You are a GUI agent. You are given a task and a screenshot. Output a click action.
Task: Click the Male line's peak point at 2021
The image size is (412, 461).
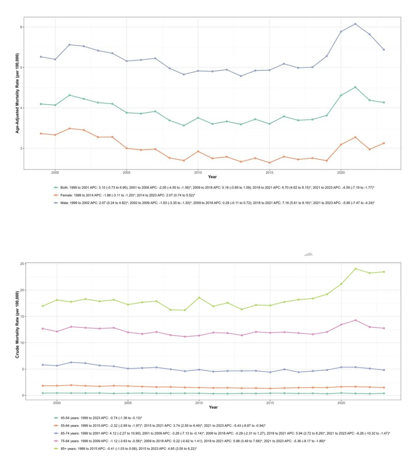tap(355, 24)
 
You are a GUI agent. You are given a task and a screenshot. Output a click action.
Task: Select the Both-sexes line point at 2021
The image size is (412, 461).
tap(355, 87)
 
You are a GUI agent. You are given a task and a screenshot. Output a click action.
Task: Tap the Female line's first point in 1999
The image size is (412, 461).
tap(41, 134)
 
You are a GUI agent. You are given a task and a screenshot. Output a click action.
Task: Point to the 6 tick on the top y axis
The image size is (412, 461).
tap(21, 27)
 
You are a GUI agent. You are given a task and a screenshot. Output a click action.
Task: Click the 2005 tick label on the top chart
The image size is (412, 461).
tap(127, 173)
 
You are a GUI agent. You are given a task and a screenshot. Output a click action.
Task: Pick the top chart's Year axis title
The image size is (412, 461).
tap(212, 177)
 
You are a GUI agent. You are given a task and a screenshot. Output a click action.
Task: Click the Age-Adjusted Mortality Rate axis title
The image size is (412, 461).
tap(17, 93)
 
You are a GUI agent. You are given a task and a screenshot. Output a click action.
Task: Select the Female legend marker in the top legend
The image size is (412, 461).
tap(56, 195)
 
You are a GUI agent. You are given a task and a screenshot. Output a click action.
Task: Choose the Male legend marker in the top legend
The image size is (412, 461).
tap(56, 203)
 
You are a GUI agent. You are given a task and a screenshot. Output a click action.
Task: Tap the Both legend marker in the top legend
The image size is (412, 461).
tap(56, 188)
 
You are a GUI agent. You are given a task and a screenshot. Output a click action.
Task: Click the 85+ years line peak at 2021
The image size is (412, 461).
tap(356, 269)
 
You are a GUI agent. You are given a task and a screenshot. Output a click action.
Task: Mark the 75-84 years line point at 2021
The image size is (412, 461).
tap(356, 320)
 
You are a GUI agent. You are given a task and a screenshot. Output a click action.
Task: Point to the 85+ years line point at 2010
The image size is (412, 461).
tap(199, 298)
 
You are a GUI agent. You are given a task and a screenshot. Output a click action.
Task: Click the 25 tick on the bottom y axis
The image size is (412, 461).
tap(22, 264)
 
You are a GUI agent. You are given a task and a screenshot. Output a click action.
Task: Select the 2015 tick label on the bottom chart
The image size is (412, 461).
tap(270, 403)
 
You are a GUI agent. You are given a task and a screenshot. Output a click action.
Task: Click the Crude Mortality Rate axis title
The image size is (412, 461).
tap(17, 329)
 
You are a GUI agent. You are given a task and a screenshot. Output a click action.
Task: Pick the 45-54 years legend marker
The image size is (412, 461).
tap(56, 418)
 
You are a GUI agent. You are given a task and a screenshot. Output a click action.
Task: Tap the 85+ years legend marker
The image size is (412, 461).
tap(56, 449)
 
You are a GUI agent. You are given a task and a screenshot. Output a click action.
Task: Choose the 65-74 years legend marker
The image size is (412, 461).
tap(56, 433)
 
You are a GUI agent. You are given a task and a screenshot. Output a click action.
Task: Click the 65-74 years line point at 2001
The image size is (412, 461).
tap(71, 362)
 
